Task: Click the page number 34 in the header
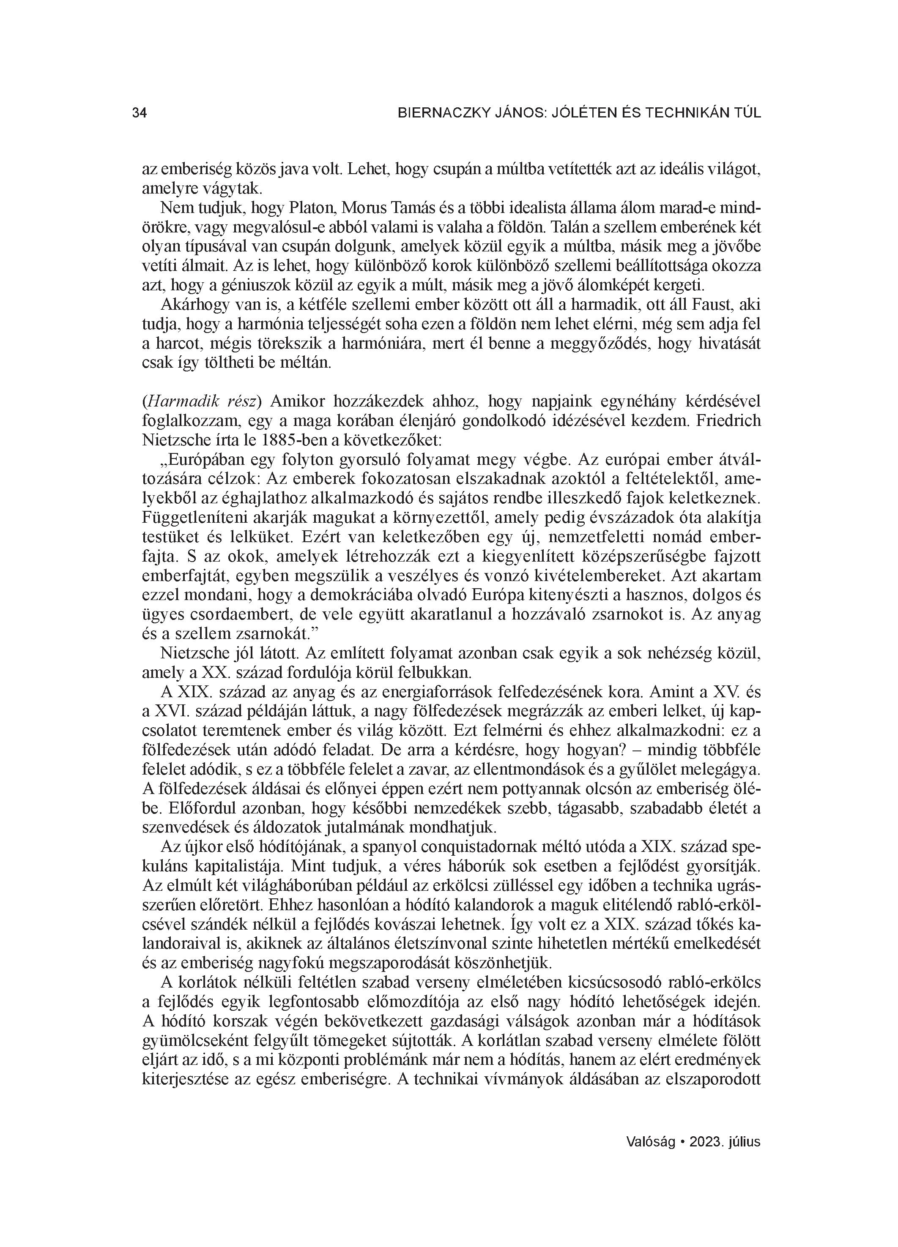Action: click(139, 113)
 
